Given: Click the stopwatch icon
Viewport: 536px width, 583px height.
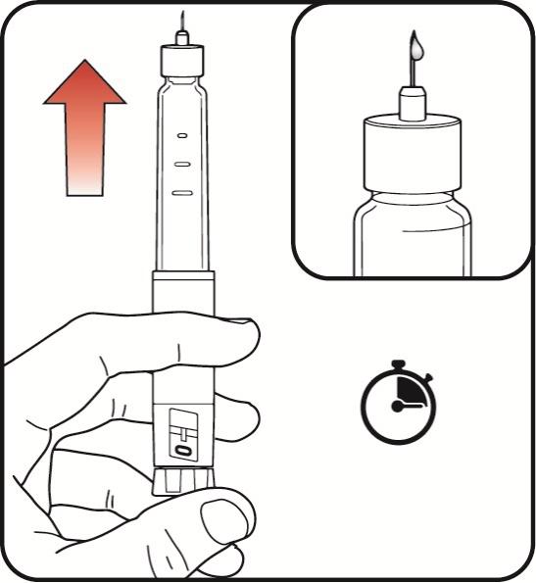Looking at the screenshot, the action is pyautogui.click(x=399, y=403).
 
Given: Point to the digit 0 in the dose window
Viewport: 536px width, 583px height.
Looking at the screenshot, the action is pyautogui.click(x=183, y=451).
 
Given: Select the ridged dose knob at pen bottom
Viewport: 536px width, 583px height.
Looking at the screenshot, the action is pyautogui.click(x=183, y=482).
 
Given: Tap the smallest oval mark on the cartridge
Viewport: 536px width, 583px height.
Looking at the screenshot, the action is pyautogui.click(x=182, y=136).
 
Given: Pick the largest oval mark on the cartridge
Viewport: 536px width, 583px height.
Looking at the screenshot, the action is pyautogui.click(x=182, y=193).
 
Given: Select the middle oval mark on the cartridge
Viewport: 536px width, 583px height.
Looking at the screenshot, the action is pyautogui.click(x=182, y=164).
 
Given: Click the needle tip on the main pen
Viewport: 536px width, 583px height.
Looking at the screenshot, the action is pyautogui.click(x=182, y=12).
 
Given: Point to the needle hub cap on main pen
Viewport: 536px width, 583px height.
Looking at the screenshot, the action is pyautogui.click(x=182, y=60).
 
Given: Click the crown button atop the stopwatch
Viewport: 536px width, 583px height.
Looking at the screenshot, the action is pyautogui.click(x=398, y=364).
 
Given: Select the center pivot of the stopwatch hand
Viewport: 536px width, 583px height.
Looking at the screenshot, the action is pyautogui.click(x=397, y=407).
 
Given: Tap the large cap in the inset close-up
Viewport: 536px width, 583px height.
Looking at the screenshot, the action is pyautogui.click(x=413, y=154).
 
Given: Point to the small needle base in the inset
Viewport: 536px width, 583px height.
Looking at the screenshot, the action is pyautogui.click(x=413, y=103).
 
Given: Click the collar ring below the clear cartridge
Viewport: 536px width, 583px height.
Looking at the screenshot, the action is pyautogui.click(x=183, y=275).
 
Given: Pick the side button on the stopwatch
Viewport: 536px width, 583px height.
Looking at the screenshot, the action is pyautogui.click(x=428, y=377).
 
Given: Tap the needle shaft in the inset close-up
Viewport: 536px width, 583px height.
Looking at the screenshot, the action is pyautogui.click(x=414, y=72).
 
